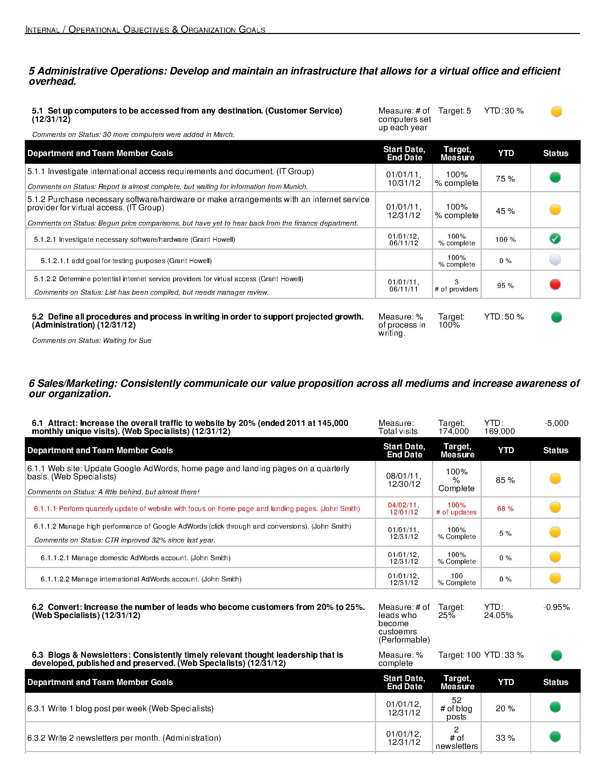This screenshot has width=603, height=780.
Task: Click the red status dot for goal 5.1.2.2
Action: click(x=555, y=284)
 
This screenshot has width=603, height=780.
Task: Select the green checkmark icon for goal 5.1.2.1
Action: click(x=555, y=239)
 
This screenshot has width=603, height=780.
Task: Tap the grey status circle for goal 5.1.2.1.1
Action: click(x=555, y=260)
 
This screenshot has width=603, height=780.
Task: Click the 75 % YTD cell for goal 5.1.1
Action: click(x=505, y=179)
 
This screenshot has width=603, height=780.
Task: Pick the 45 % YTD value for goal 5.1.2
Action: click(x=505, y=211)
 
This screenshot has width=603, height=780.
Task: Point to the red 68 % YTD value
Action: click(x=505, y=508)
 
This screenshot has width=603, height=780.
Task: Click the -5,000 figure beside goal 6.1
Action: click(x=557, y=423)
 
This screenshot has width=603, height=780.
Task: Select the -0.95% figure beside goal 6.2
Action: click(x=556, y=607)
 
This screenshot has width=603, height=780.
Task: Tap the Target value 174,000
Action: click(x=453, y=431)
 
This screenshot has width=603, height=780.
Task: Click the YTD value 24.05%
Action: click(x=498, y=615)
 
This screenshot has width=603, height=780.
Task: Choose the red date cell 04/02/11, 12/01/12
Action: click(x=404, y=508)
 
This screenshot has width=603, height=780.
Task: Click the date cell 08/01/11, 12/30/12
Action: click(x=404, y=480)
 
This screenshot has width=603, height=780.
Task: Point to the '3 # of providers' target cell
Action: click(x=456, y=286)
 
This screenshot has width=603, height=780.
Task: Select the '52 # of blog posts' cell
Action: click(x=456, y=708)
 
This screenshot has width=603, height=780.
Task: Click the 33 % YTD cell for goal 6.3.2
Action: click(x=505, y=738)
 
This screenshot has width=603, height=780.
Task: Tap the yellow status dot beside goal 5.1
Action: click(x=556, y=111)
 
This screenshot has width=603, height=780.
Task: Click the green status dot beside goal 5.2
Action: click(x=556, y=317)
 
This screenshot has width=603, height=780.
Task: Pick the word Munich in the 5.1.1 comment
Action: click(x=295, y=187)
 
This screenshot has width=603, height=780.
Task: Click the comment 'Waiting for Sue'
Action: click(x=127, y=341)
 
